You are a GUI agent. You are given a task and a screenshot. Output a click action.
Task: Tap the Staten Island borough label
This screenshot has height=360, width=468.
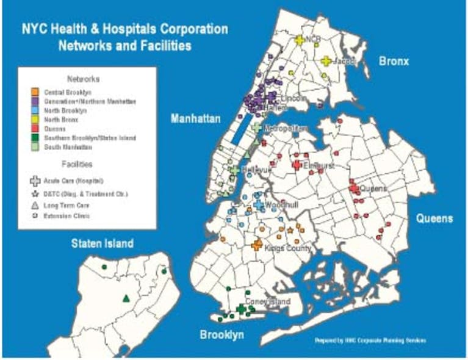[102, 243]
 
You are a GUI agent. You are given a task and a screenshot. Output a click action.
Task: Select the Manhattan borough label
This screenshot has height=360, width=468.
[195, 118]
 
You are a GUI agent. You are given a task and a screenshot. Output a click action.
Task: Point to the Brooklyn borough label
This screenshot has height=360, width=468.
[222, 335]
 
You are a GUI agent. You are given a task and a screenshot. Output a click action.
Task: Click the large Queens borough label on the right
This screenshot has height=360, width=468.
[434, 218]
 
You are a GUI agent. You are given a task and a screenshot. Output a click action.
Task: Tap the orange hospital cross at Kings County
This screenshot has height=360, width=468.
[257, 245]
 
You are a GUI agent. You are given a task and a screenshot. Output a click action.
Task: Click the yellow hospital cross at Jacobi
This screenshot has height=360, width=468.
[326, 61]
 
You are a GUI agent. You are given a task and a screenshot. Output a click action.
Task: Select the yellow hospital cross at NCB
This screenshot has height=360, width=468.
[299, 40]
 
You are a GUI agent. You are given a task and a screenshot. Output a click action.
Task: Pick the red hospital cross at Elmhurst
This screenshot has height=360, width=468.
[297, 165]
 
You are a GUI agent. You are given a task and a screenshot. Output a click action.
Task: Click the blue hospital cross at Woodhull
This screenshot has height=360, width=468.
[259, 206]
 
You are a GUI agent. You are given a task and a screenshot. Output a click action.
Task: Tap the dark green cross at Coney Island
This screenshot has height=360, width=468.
[242, 309]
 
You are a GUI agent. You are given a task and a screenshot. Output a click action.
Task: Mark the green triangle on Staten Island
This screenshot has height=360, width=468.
[126, 298]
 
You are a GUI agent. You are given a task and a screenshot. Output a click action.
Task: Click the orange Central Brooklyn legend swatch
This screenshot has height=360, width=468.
[35, 92]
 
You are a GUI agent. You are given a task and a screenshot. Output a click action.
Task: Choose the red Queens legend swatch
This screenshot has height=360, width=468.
[35, 129]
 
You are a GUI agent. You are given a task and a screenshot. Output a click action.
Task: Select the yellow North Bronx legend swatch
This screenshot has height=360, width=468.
[35, 120]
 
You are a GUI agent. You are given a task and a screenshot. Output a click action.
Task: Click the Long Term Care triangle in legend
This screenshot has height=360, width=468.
[35, 205]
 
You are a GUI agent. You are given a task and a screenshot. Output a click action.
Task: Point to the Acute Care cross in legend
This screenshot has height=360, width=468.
[35, 181]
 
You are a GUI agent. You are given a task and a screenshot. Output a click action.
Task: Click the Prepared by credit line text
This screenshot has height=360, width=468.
[370, 340]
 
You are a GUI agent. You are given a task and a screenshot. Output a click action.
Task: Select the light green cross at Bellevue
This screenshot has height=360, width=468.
[235, 170]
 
